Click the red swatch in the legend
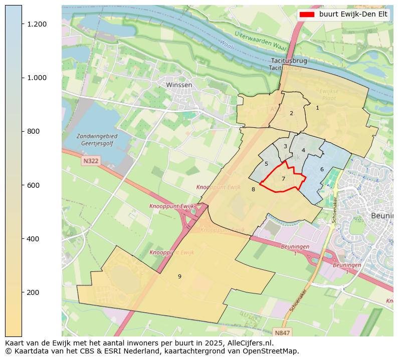point(306,15)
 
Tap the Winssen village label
point(179,85)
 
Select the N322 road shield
point(91,161)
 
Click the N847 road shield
point(282,332)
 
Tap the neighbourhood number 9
point(179,276)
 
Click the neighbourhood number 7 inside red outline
point(283,179)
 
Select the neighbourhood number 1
point(317,108)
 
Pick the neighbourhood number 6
point(322,169)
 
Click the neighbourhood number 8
point(253,189)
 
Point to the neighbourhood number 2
point(291,113)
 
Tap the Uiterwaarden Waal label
point(260,40)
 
